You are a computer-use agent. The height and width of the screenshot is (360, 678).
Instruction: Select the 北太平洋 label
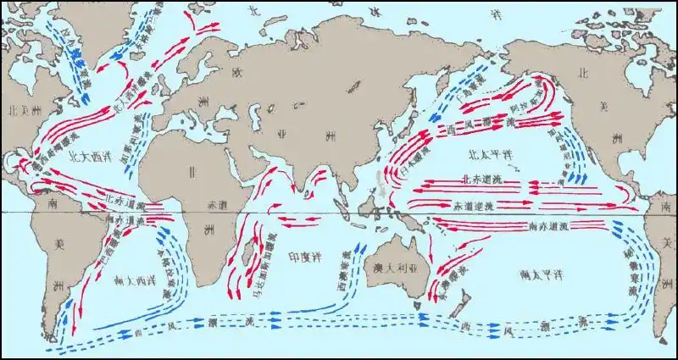pyautogui.click(x=491, y=156)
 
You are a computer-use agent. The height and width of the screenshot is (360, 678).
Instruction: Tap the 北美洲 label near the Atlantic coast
pyautogui.click(x=19, y=111)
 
